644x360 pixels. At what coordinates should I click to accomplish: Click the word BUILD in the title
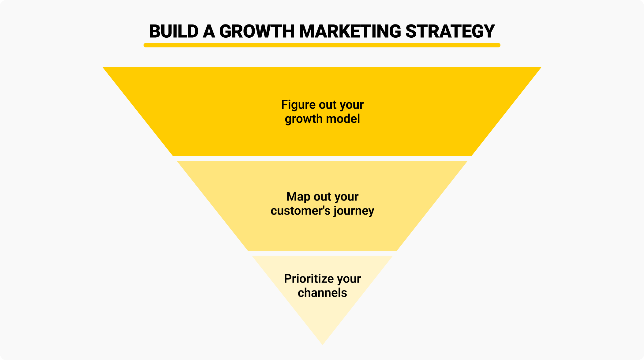(174, 31)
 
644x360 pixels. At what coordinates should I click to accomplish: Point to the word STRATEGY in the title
(450, 31)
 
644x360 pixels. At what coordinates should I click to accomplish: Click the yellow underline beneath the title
(322, 45)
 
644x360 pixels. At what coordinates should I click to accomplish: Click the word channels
(322, 293)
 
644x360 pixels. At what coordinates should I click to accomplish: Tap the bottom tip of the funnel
(322, 343)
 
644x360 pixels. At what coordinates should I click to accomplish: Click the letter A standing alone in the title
(209, 31)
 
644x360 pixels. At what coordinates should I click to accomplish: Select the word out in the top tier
(327, 105)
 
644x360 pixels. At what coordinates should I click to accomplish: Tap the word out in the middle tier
(322, 197)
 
